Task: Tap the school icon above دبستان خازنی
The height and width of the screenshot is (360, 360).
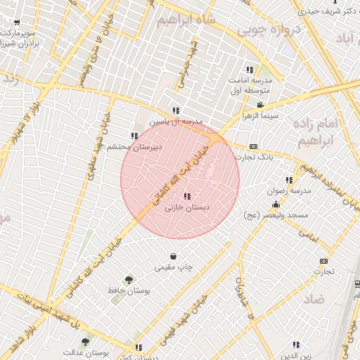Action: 186,197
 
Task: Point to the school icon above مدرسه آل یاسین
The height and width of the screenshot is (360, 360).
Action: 176,110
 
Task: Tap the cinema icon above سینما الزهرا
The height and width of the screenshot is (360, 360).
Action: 260,105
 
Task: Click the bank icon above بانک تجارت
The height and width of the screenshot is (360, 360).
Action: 254,147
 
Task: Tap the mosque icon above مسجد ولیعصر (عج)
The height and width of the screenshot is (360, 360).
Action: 276,205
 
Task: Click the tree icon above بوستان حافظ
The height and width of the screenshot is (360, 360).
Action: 129,279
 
